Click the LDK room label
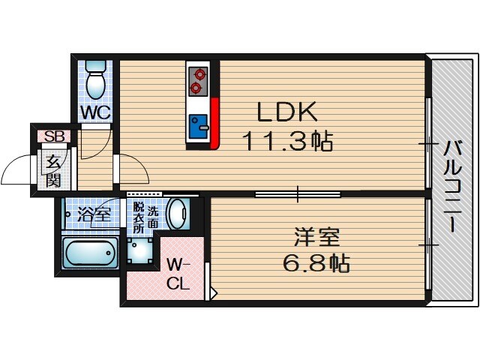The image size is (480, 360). (288, 112)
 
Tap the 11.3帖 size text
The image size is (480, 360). (287, 140)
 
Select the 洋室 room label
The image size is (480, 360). (316, 238)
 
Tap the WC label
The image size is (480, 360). (96, 112)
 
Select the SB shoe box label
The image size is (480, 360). (54, 136)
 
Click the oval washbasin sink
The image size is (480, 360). (178, 214)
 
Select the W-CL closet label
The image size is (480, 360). (178, 274)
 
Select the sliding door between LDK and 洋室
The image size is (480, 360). (298, 194)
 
